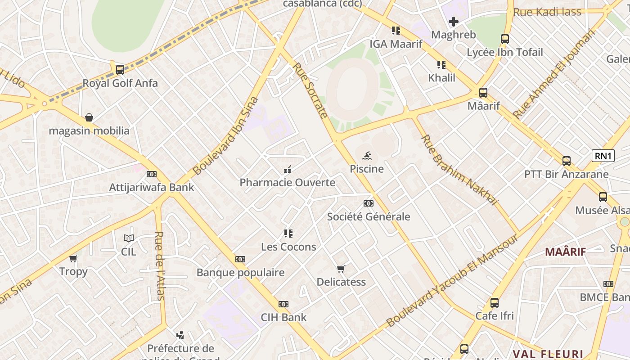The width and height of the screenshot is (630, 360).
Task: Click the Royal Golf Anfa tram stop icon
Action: pos(120,70)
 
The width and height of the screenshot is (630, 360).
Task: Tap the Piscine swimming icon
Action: pos(367,156)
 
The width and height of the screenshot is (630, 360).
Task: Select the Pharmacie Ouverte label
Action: pos(287,182)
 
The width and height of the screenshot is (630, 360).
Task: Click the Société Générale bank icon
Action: pos(369,203)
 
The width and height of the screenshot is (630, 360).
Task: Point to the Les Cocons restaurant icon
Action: pos(288,234)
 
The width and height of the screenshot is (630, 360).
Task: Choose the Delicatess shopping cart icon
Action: pos(341,269)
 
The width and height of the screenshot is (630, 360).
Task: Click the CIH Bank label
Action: pos(283,317)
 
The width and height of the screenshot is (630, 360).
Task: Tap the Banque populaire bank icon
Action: pos(240,259)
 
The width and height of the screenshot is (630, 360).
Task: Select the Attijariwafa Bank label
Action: pos(152,187)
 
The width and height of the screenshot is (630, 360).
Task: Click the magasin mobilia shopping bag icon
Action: pos(89,118)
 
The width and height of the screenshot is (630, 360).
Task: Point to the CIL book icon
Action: pos(129,238)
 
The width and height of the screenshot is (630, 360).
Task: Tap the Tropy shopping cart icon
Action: pos(73,259)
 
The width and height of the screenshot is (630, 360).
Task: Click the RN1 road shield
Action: pos(603,156)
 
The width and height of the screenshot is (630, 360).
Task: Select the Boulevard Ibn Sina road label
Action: pos(226,135)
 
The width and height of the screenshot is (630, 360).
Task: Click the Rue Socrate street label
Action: pos(310,90)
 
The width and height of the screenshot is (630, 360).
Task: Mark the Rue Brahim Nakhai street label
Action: pos(459,170)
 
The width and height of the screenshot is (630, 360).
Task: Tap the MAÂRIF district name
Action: pos(565,252)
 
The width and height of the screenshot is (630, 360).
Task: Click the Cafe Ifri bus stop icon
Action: pos(495,303)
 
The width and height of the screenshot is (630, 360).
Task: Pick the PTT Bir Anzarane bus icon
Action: pos(567,161)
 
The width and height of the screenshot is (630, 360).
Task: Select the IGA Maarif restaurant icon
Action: pos(396,31)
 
